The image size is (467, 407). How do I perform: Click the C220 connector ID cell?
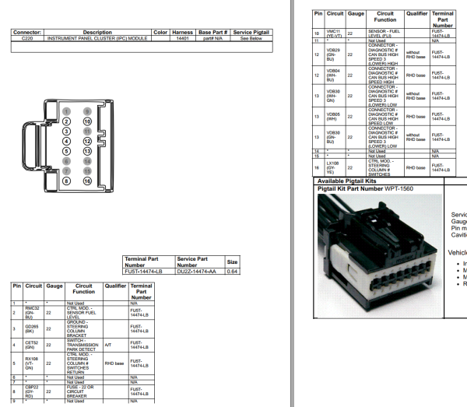click(27, 37)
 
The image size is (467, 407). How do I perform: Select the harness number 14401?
click(183, 37)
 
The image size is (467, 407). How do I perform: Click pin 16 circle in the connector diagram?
click(87, 181)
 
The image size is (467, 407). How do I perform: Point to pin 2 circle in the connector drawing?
click(66, 122)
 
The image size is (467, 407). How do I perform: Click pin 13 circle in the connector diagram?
click(87, 151)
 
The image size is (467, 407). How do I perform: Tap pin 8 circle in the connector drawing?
click(66, 181)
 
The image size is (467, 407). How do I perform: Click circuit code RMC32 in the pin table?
click(32, 311)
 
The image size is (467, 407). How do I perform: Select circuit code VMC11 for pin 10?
click(333, 34)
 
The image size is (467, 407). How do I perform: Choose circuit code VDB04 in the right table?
click(333, 75)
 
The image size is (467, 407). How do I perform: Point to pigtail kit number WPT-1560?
click(399, 188)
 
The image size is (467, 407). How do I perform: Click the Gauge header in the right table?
click(356, 14)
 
